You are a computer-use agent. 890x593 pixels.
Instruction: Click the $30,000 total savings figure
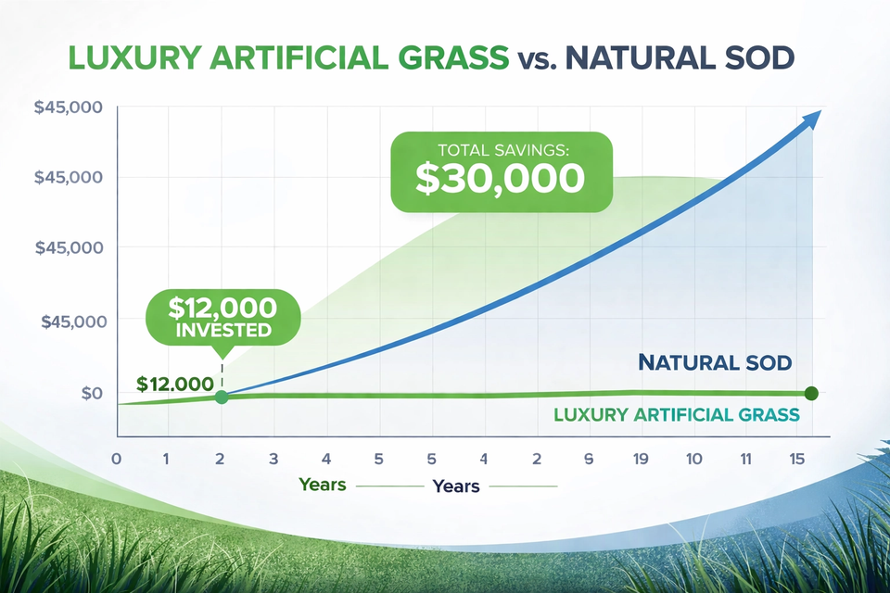point(500,178)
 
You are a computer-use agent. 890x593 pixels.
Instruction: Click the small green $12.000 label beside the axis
point(174,384)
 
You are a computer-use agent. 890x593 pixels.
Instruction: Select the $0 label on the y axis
point(92,393)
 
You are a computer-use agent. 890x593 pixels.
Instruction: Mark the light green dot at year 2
point(222,397)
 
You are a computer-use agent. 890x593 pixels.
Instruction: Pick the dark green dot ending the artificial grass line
point(811,393)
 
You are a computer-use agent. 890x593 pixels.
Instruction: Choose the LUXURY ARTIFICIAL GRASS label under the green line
point(676,414)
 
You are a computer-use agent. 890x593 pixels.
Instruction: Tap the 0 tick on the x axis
point(117,459)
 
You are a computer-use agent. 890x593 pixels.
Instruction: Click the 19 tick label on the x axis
point(642,459)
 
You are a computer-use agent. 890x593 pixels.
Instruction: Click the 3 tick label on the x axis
point(273,459)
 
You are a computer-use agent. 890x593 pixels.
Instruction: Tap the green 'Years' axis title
point(323,485)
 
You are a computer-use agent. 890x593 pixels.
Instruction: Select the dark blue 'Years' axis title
point(456,486)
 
